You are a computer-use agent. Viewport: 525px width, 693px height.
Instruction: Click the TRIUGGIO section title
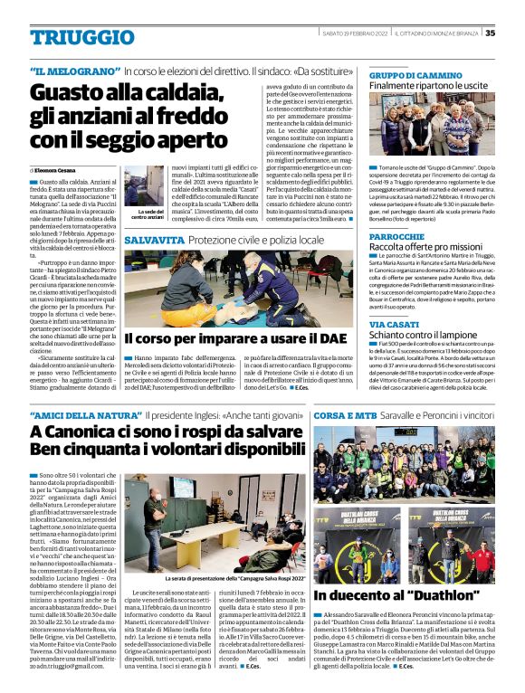[74, 37]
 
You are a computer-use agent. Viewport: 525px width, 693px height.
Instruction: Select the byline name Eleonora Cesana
[55, 170]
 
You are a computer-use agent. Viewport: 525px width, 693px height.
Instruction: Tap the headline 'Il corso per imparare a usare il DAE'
[234, 337]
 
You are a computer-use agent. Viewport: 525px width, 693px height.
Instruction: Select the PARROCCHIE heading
[397, 235]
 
